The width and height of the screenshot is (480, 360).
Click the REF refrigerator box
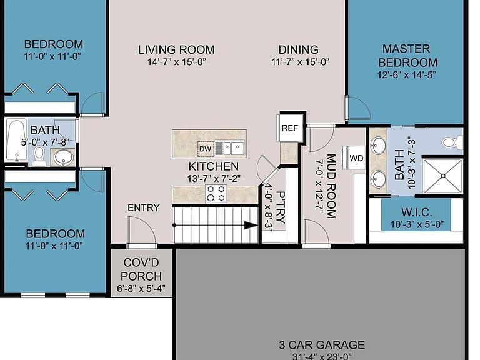click(289, 127)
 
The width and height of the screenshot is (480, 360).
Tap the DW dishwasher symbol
click(205, 149)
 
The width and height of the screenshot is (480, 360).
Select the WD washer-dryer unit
click(356, 158)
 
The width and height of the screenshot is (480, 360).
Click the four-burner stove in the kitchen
click(216, 194)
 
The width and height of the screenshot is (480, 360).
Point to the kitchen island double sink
click(229, 148)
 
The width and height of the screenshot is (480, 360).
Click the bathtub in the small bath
click(16, 140)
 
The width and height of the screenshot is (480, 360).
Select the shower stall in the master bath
click(442, 176)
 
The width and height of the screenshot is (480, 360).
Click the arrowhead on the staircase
click(251, 226)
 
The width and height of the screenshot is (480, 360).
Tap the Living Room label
click(176, 49)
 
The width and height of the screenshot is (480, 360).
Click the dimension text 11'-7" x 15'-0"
click(300, 62)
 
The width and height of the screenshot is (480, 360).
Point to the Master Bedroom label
click(407, 56)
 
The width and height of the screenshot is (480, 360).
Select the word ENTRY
click(144, 208)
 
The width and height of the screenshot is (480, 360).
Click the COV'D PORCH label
click(141, 269)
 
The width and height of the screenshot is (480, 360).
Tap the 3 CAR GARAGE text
click(322, 345)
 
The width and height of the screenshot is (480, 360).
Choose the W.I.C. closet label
click(417, 212)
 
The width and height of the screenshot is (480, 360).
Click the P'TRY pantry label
click(281, 207)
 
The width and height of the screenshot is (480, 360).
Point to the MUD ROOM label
click(331, 186)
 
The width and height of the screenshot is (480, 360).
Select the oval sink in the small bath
click(64, 157)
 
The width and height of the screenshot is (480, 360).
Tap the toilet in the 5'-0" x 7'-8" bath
click(39, 155)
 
